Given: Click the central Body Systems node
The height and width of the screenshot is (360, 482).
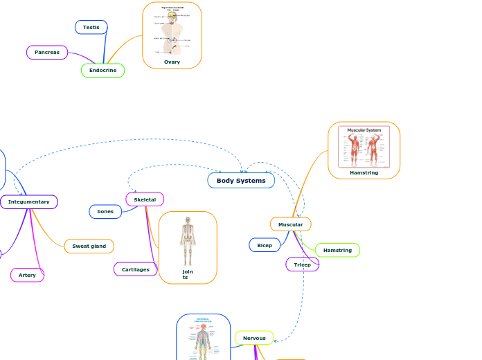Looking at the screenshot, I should [241, 181].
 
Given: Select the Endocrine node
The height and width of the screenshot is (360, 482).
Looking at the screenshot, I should [102, 71].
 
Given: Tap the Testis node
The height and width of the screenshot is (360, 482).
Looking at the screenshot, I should [91, 27].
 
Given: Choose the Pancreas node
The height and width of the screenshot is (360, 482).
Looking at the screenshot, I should [47, 52].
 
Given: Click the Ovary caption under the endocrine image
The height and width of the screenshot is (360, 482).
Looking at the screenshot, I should [172, 62].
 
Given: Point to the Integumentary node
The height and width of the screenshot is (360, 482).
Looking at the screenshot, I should [29, 201].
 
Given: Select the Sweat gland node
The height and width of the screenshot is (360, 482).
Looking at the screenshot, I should [89, 246].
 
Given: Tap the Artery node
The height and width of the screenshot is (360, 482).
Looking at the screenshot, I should [27, 275].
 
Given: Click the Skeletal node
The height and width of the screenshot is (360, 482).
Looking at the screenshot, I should [145, 199].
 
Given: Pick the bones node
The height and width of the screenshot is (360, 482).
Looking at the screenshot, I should [105, 211].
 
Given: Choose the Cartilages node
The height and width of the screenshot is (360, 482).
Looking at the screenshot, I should [135, 269].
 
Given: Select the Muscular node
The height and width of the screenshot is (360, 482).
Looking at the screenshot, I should [290, 224].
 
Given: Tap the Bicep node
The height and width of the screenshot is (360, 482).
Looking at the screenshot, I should [265, 245].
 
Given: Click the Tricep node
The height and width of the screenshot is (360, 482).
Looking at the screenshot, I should [302, 264].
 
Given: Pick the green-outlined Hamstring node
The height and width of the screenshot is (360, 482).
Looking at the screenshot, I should [337, 250].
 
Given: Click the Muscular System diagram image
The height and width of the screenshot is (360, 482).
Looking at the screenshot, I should [364, 146].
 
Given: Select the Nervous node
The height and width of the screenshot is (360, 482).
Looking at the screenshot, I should [254, 338].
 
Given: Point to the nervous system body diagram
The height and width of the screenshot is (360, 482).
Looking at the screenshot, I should [202, 339].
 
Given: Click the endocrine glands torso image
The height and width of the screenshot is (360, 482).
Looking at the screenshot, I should [171, 31].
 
